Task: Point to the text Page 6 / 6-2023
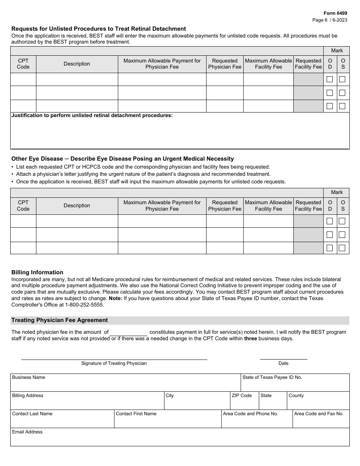(x=330, y=20)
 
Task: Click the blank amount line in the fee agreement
(x=128, y=332)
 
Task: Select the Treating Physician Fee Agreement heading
(x=59, y=320)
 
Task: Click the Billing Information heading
(x=37, y=272)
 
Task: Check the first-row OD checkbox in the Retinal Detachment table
(x=330, y=79)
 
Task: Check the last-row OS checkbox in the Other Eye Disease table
(x=342, y=248)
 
